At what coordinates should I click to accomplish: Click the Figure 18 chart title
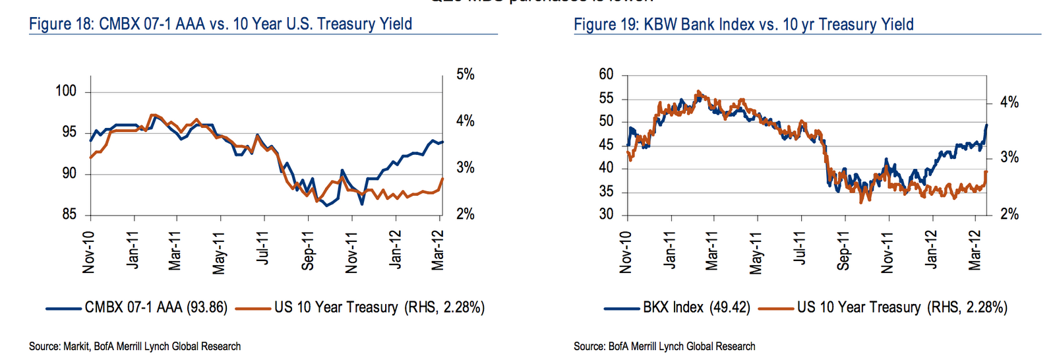click(221, 24)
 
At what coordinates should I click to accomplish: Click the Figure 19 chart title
click(743, 24)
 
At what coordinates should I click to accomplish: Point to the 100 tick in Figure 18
click(66, 91)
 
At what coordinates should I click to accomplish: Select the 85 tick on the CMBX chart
click(69, 214)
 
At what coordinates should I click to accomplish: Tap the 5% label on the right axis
click(466, 75)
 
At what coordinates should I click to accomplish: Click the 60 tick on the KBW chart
click(606, 75)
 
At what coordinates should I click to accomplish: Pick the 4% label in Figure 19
click(1009, 102)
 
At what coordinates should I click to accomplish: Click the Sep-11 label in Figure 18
click(308, 251)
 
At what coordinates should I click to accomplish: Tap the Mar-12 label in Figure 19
click(975, 251)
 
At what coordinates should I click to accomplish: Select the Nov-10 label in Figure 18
click(89, 252)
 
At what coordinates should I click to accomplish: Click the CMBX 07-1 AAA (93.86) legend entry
click(156, 307)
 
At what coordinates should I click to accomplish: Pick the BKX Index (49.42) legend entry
click(696, 307)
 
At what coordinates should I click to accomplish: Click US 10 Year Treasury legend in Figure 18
click(379, 307)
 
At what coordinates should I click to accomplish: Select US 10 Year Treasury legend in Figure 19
click(902, 307)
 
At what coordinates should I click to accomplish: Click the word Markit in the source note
click(76, 346)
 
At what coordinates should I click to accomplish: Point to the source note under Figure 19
click(664, 346)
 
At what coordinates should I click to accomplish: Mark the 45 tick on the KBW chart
click(606, 145)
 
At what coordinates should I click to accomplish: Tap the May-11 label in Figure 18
click(220, 252)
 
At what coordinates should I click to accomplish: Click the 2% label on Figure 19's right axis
click(1009, 214)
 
